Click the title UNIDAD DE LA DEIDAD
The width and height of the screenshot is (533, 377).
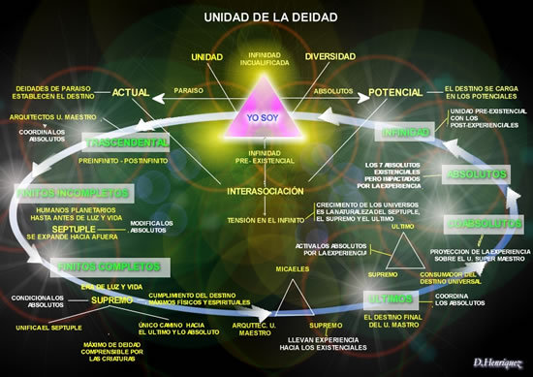click(265, 16)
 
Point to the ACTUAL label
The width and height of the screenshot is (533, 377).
click(131, 93)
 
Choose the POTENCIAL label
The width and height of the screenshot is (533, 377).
click(395, 94)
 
